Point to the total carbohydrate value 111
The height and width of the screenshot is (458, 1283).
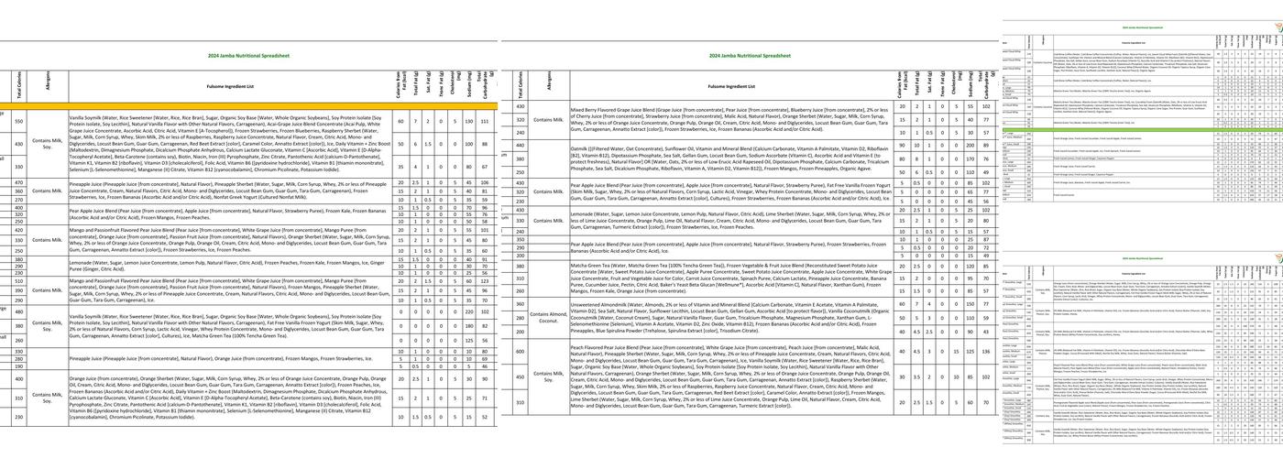tap(485, 121)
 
